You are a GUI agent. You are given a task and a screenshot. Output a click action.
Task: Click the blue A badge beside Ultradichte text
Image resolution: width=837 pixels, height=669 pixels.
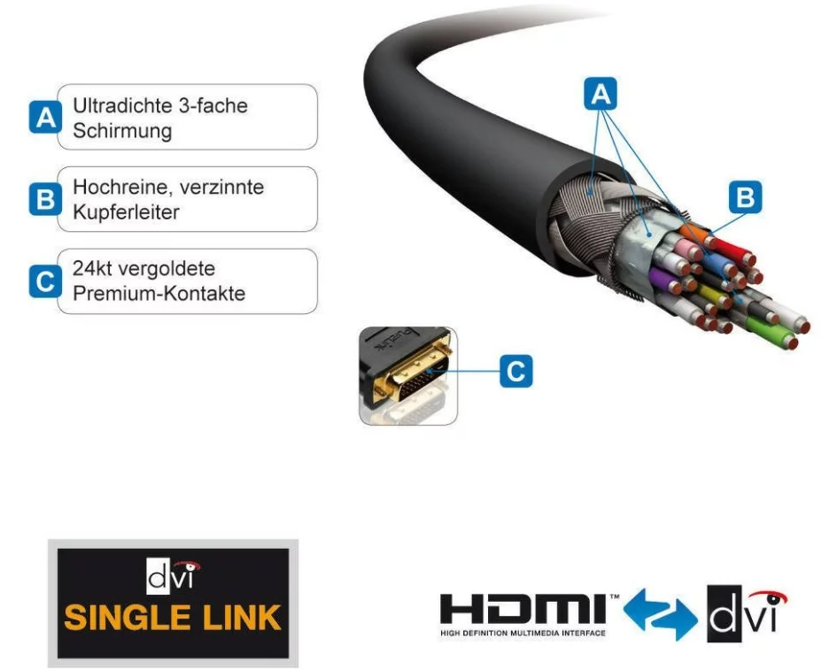pyautogui.click(x=45, y=117)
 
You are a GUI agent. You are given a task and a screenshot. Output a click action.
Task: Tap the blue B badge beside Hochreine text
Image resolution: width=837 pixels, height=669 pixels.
pyautogui.click(x=45, y=199)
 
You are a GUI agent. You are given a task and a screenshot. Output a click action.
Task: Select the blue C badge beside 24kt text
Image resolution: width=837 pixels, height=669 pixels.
pyautogui.click(x=45, y=281)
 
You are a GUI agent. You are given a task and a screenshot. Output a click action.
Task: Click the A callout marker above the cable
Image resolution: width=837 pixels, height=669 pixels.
pyautogui.click(x=601, y=94)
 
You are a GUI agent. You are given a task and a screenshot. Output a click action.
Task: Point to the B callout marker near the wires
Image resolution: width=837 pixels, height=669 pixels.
pyautogui.click(x=745, y=196)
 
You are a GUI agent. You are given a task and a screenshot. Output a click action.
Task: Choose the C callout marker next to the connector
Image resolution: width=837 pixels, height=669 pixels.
pyautogui.click(x=516, y=371)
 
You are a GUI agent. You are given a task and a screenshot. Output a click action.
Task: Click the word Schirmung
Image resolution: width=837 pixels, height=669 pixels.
pyautogui.click(x=122, y=131)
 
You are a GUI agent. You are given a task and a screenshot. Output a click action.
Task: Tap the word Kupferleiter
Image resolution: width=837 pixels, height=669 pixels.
pyautogui.click(x=126, y=212)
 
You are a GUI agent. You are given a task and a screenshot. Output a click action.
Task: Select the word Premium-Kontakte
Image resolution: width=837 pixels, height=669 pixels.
pyautogui.click(x=159, y=294)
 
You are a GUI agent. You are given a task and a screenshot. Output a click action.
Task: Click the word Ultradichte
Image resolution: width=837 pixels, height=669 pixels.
pyautogui.click(x=123, y=105)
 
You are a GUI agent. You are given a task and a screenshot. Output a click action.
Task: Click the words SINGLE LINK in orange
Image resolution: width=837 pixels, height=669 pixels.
pyautogui.click(x=173, y=618)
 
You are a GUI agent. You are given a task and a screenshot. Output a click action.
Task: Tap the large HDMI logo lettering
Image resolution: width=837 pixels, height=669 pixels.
pyautogui.click(x=523, y=609)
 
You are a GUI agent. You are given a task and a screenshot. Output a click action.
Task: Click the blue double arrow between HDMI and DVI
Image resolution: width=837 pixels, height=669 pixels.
pyautogui.click(x=660, y=614)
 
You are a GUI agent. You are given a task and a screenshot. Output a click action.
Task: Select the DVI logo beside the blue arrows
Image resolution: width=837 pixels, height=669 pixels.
pyautogui.click(x=747, y=614)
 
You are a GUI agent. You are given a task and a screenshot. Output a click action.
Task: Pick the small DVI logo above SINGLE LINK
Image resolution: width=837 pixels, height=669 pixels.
pyautogui.click(x=173, y=576)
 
